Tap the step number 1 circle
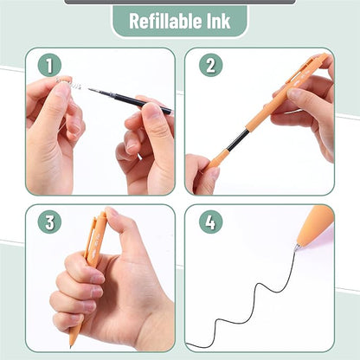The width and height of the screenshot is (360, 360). tap(49, 66)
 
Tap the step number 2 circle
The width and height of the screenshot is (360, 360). tap(210, 66)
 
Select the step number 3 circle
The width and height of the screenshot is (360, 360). tap(49, 222)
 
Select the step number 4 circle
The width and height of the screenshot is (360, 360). tap(210, 222)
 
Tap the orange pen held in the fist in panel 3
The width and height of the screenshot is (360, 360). tap(94, 237)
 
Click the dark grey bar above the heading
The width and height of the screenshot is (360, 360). tap(180, 2)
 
